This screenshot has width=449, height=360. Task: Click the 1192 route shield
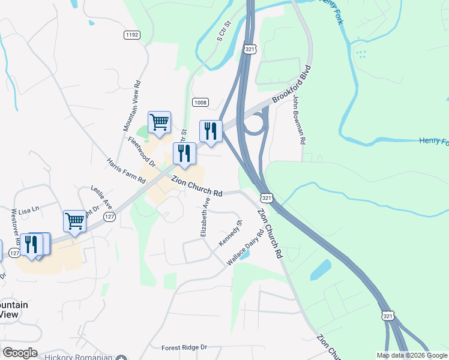(x=132, y=35)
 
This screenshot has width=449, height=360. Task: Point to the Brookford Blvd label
(x=292, y=85)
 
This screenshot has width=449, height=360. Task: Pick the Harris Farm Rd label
(x=126, y=171)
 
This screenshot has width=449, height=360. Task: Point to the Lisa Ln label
(x=28, y=210)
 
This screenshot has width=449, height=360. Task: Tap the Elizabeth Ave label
(x=205, y=217)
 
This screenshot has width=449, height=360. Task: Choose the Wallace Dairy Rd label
(x=245, y=247)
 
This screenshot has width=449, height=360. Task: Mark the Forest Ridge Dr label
(x=184, y=347)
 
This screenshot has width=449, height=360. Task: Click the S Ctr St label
(x=223, y=31)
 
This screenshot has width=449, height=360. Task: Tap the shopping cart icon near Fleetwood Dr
(x=159, y=122)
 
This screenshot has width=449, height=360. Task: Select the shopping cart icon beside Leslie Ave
(x=74, y=221)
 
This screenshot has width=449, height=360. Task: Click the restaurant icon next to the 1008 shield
(x=211, y=131)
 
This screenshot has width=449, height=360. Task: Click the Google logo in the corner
(x=20, y=353)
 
